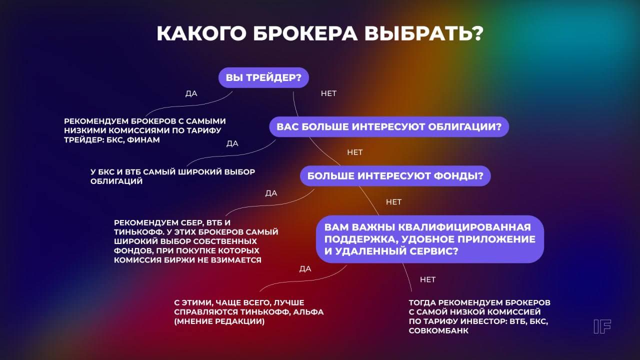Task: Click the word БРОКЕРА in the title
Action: (305, 33)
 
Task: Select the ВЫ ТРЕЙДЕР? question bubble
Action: (263, 77)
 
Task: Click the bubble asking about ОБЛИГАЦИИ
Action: (389, 127)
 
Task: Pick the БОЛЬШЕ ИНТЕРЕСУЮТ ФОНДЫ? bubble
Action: (395, 176)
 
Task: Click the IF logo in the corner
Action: (602, 326)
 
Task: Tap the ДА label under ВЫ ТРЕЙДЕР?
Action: (191, 93)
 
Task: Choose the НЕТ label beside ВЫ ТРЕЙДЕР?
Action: (328, 93)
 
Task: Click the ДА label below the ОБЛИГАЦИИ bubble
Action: (232, 143)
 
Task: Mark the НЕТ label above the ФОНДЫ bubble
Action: (355, 152)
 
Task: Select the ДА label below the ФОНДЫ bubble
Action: (271, 193)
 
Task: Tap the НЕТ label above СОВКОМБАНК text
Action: (427, 279)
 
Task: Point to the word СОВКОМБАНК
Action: (438, 331)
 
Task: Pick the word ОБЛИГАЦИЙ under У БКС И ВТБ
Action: (116, 181)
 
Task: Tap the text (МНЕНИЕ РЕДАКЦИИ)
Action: (219, 321)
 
